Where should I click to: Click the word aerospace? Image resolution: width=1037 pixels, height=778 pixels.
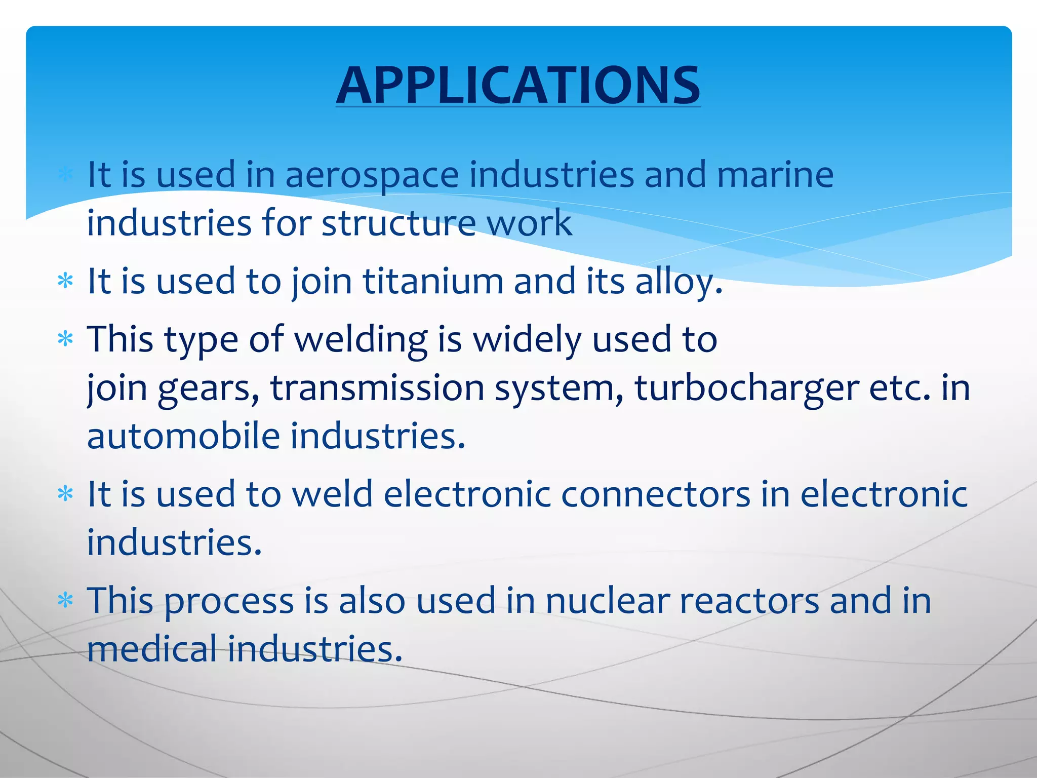pos(372,175)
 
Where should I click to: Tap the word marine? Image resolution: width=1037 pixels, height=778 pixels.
pos(775,175)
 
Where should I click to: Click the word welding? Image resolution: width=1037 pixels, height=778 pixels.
pos(361,339)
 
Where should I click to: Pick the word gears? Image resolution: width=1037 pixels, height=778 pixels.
pos(209,388)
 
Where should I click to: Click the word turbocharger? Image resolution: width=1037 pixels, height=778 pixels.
pos(746,388)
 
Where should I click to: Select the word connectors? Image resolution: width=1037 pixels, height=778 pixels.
pos(655,494)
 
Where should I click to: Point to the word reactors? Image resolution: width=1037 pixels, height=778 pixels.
pos(749,601)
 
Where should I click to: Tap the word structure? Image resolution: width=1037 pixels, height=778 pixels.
pos(398,223)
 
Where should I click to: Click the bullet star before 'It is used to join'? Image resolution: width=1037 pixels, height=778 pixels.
pos(66,281)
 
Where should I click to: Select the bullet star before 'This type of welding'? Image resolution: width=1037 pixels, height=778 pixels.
pos(66,339)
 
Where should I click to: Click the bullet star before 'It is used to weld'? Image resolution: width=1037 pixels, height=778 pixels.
pos(66,494)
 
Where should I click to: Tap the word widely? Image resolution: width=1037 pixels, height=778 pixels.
pos(527,339)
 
